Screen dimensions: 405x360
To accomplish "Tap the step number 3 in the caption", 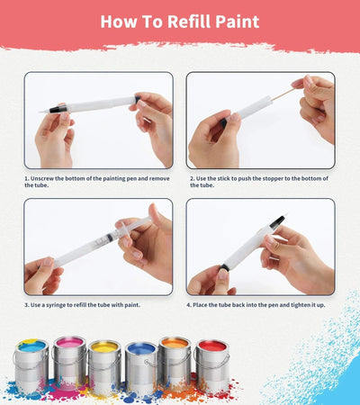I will [x=27, y=305].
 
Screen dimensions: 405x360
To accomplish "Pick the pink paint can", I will [x=69, y=361].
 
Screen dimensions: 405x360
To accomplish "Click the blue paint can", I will [x=141, y=364].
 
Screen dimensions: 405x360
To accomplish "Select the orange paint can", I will [x=175, y=361].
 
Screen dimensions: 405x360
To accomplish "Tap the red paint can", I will [x=212, y=364].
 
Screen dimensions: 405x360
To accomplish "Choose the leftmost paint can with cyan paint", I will [x=31, y=364].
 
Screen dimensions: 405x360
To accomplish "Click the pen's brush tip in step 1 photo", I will [x=46, y=110].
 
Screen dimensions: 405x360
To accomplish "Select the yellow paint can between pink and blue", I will [x=105, y=364].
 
